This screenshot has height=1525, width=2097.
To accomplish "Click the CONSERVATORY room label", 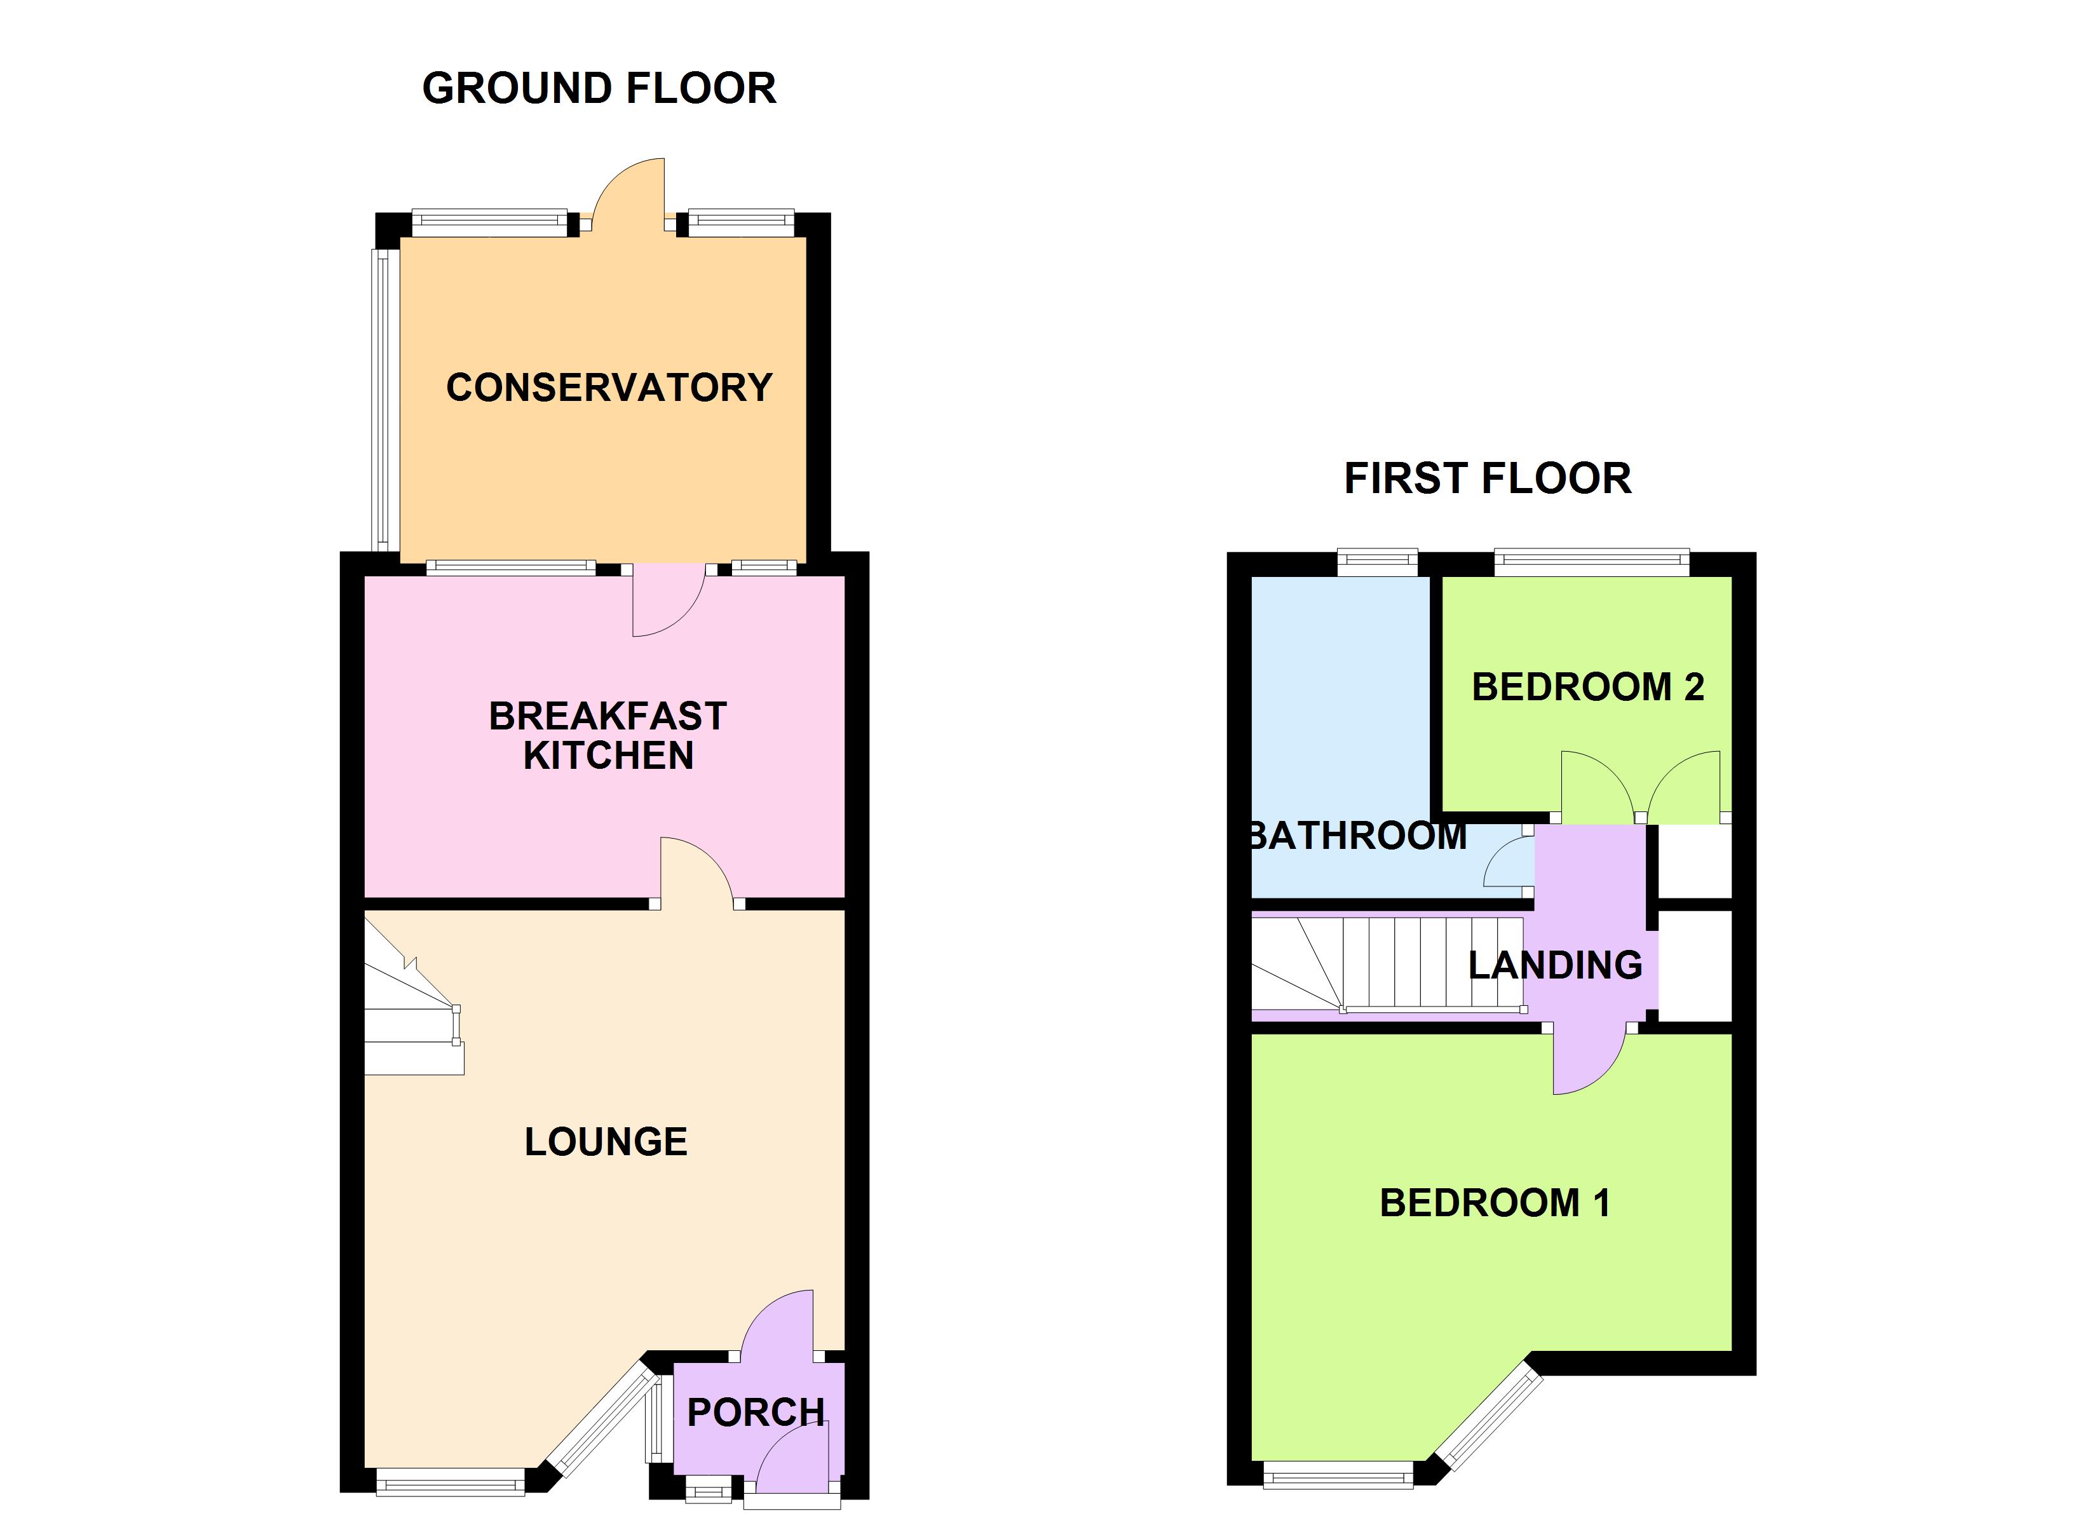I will pos(608,388).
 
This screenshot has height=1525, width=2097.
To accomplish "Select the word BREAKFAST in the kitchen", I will pos(607,716).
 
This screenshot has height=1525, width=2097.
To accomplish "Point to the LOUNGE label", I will pos(606,1142).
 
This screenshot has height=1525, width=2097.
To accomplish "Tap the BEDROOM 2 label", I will pos(1587,687).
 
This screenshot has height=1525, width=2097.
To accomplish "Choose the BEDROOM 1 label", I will pos(1494,1203).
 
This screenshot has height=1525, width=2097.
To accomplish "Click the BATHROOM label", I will pos(1357,836).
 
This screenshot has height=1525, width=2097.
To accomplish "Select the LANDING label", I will pos(1555,965).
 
